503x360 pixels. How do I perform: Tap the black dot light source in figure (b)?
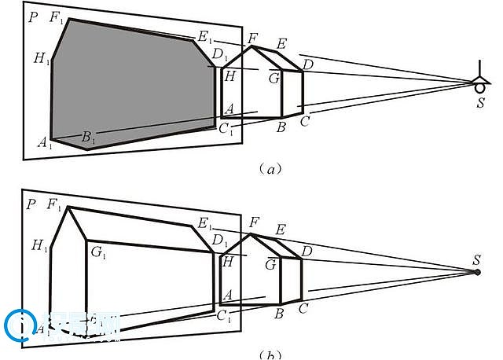(477, 272)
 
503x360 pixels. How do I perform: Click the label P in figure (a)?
(31, 17)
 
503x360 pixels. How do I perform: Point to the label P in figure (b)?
(31, 204)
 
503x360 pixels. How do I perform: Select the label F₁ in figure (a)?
(57, 17)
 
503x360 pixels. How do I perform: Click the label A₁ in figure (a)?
(44, 142)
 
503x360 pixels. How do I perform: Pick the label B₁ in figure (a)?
(88, 138)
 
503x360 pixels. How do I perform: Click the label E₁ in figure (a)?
(205, 36)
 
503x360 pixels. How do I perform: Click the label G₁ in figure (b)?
(98, 251)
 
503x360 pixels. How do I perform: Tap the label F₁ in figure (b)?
(54, 204)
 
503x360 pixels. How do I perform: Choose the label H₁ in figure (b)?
(39, 245)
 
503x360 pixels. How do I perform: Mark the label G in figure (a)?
(274, 78)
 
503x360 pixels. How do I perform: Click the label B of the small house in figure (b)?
(278, 313)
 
